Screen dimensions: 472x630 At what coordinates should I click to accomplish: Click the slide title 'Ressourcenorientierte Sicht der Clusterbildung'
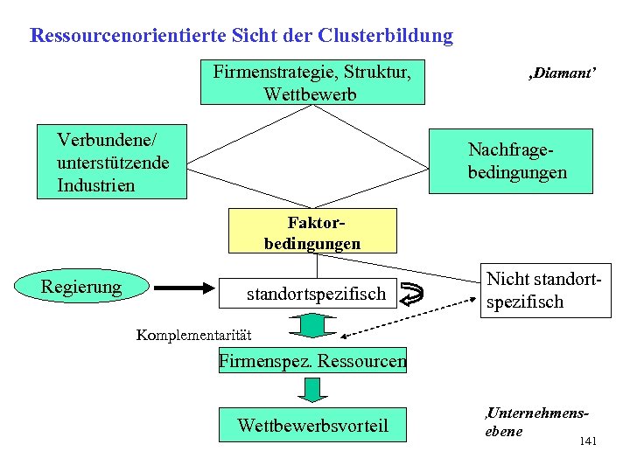241,37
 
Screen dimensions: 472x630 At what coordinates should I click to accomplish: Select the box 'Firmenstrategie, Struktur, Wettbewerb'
312,81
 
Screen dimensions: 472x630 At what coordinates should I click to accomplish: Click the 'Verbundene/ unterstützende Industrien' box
113,162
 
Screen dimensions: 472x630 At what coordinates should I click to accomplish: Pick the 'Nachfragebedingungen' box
517,161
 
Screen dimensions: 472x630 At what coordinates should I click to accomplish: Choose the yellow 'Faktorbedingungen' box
312,231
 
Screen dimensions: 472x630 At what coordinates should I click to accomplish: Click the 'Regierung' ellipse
81,286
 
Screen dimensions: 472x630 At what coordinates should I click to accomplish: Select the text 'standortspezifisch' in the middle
315,295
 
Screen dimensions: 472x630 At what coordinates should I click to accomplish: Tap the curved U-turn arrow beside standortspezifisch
418,295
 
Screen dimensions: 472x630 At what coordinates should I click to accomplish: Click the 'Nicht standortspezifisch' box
545,291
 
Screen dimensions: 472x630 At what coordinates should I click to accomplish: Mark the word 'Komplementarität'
193,335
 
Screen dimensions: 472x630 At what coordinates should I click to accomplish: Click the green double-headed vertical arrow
312,327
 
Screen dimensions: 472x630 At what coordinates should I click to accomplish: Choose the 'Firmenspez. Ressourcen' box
312,360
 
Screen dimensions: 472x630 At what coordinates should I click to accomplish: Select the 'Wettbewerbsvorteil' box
312,425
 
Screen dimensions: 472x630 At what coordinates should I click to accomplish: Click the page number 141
588,442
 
